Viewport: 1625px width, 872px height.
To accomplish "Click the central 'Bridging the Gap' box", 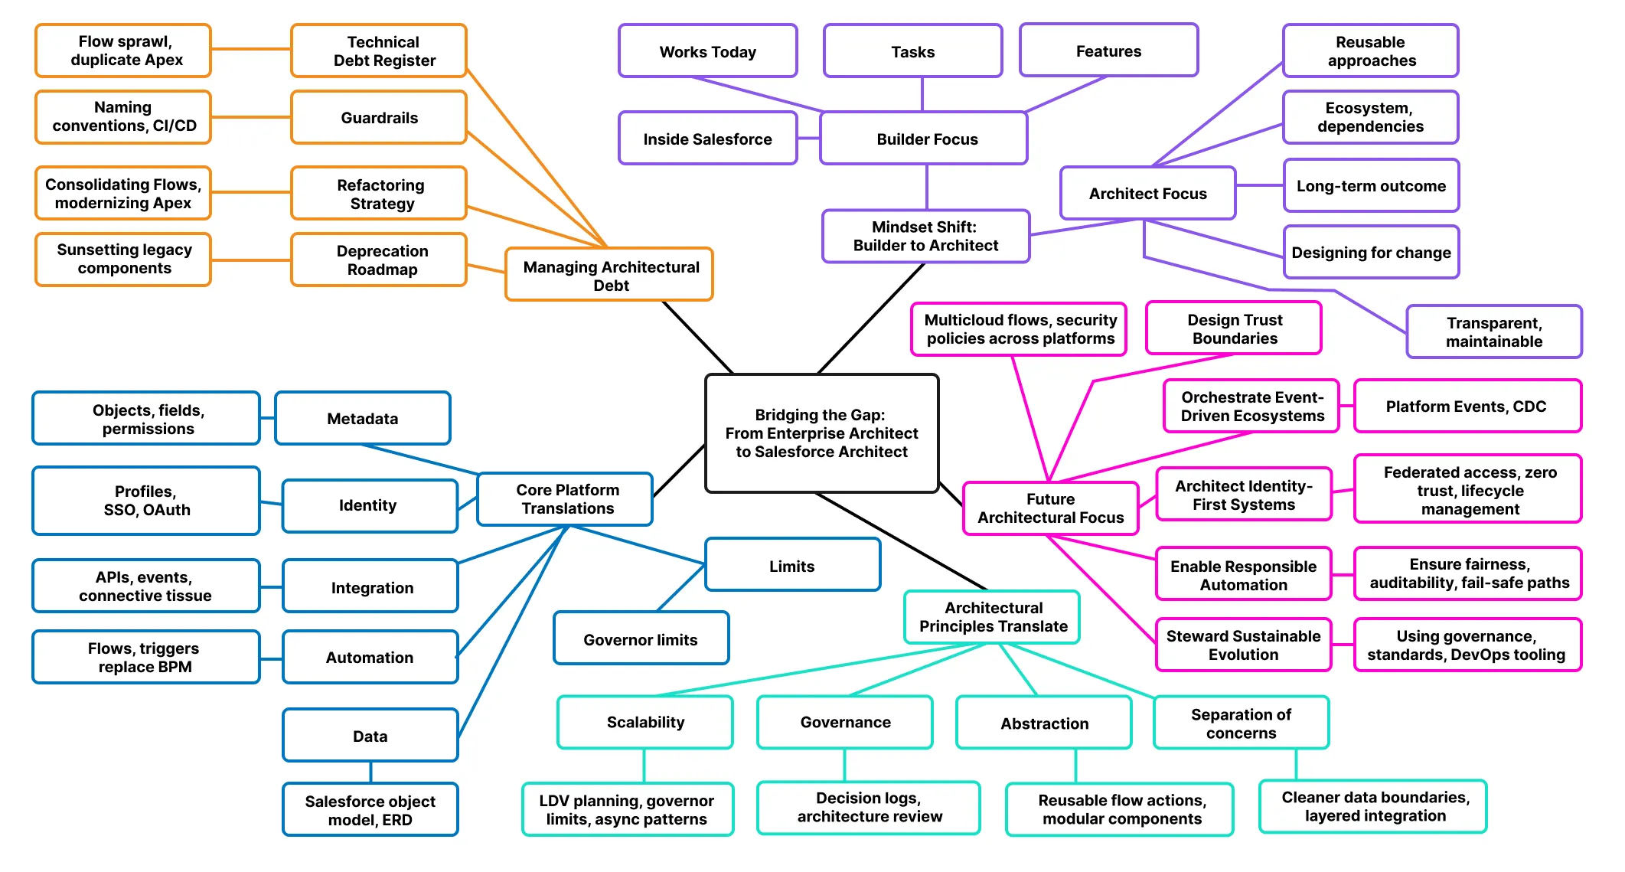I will pyautogui.click(x=821, y=433).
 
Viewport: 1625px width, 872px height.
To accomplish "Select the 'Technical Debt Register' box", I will pyautogui.click(x=379, y=51).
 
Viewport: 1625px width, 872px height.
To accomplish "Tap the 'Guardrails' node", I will pyautogui.click(x=379, y=117).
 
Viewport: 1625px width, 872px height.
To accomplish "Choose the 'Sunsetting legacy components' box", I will pyautogui.click(x=123, y=260).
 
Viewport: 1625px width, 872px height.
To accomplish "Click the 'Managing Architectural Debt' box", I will pyautogui.click(x=609, y=275).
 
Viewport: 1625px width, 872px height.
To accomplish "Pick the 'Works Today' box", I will pyautogui.click(x=708, y=51).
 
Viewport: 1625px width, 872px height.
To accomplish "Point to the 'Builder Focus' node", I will pyautogui.click(x=924, y=139).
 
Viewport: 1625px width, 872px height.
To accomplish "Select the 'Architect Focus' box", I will pyautogui.click(x=1147, y=193).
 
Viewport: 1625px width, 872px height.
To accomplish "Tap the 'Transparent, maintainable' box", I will pyautogui.click(x=1494, y=331).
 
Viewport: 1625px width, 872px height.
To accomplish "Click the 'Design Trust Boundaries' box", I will pyautogui.click(x=1234, y=328).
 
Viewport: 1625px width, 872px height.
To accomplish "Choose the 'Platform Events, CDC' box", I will pyautogui.click(x=1467, y=406).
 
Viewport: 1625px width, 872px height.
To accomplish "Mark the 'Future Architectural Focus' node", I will pyautogui.click(x=1051, y=508).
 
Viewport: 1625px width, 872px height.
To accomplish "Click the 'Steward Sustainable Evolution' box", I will pyautogui.click(x=1244, y=645).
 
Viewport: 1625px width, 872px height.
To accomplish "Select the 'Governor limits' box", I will pyautogui.click(x=641, y=638).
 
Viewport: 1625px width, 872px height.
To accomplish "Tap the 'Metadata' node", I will pyautogui.click(x=363, y=418).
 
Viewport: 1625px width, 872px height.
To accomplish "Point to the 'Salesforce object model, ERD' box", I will pyautogui.click(x=370, y=810).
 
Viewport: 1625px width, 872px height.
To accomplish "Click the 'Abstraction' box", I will pyautogui.click(x=1044, y=723).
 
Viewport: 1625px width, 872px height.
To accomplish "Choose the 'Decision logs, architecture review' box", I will pyautogui.click(x=869, y=808).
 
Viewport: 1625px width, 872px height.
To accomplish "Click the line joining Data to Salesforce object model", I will pyautogui.click(x=371, y=772).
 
